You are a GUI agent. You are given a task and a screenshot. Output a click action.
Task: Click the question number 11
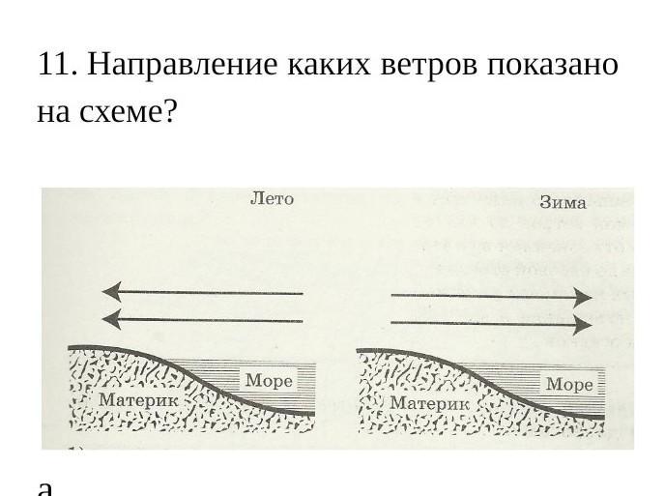click(56, 65)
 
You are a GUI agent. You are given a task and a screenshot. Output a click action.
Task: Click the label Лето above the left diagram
click(272, 199)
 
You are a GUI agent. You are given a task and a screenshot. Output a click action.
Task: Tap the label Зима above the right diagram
click(563, 203)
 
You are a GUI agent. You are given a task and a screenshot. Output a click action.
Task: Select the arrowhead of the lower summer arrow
click(111, 319)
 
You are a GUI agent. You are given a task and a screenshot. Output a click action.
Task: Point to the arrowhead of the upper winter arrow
click(582, 296)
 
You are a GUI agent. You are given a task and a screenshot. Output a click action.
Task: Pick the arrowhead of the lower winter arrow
click(582, 323)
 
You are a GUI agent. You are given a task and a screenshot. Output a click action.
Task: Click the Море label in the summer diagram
click(269, 381)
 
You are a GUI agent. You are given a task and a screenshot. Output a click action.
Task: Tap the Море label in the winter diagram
click(569, 384)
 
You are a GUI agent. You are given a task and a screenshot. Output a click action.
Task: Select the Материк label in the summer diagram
click(138, 399)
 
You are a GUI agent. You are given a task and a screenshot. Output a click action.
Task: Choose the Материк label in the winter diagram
click(429, 401)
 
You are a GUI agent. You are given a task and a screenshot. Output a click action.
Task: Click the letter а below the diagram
click(44, 486)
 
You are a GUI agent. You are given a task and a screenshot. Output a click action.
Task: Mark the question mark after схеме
click(170, 113)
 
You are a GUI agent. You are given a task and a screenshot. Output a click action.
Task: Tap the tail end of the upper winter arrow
click(393, 294)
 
